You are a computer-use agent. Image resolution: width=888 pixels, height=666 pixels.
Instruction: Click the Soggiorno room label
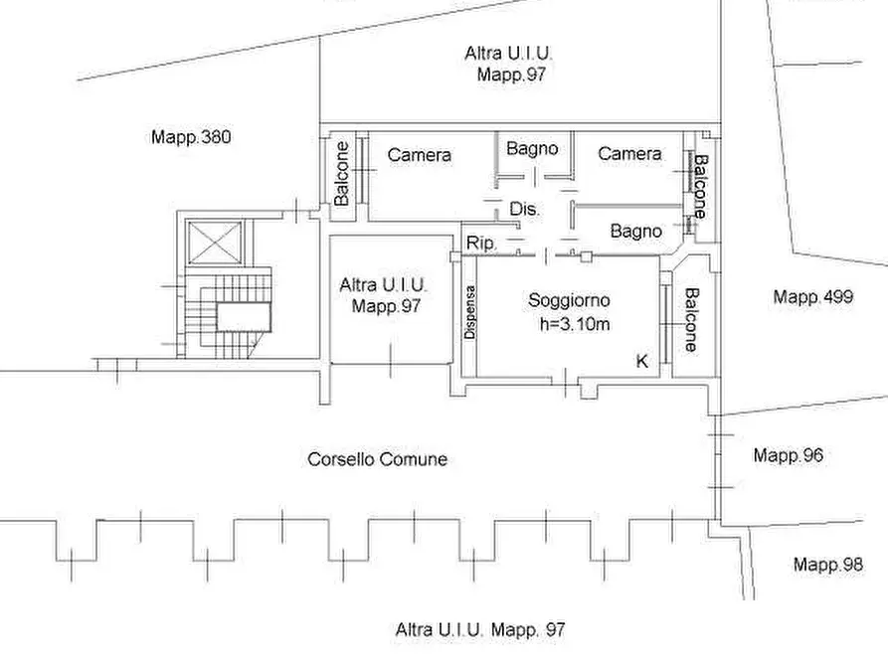(x=569, y=300)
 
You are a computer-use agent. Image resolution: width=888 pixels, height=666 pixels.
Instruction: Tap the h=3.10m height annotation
(x=575, y=324)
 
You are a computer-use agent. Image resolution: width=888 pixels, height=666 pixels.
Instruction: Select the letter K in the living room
(x=641, y=361)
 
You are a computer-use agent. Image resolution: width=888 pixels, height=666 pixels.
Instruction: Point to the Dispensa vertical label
(x=470, y=312)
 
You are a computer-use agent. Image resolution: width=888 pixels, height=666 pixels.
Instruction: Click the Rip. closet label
(x=481, y=243)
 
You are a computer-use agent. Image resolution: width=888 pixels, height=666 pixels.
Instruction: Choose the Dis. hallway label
(x=525, y=209)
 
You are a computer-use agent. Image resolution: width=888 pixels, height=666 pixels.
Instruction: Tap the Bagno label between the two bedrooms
(x=532, y=149)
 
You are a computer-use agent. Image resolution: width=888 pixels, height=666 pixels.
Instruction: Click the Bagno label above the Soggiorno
(x=636, y=231)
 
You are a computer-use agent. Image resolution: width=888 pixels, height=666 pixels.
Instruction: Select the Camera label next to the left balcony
(x=419, y=155)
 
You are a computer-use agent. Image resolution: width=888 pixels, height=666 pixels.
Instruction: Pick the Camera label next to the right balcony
(x=629, y=153)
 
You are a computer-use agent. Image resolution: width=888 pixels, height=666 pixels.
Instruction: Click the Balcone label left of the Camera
(x=341, y=173)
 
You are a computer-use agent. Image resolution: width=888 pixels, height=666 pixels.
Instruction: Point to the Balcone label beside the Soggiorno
(x=691, y=320)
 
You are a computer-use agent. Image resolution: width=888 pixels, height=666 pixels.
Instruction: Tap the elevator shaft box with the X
(x=215, y=243)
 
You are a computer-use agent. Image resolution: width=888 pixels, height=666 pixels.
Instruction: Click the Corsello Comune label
(x=377, y=458)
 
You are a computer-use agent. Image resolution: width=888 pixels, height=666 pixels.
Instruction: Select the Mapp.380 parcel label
(x=191, y=137)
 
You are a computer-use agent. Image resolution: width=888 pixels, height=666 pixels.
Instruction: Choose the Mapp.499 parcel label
(x=813, y=297)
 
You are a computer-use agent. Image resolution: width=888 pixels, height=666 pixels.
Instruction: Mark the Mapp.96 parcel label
(x=789, y=454)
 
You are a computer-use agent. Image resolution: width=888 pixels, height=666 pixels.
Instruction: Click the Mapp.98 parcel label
(x=828, y=564)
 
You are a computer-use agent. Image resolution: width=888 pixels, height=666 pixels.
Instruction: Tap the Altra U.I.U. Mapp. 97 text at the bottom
(x=480, y=630)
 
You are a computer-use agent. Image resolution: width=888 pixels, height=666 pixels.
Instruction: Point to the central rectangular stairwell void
(x=244, y=316)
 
